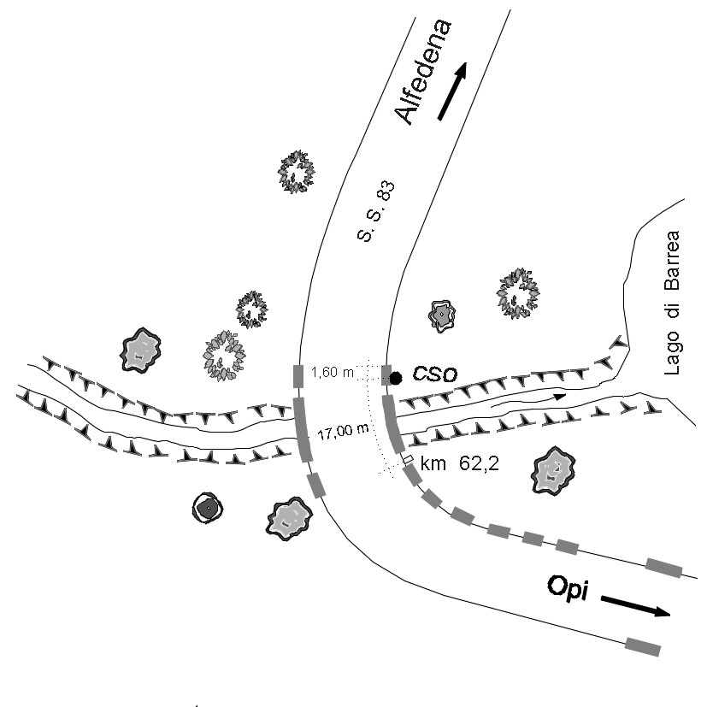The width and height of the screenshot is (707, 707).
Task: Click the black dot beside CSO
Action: point(396,377)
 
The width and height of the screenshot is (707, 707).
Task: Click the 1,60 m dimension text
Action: point(331,372)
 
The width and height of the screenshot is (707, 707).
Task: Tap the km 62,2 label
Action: point(455,466)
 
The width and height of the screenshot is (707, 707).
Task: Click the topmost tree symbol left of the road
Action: point(296,172)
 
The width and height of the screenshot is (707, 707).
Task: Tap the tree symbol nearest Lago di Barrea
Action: point(519,292)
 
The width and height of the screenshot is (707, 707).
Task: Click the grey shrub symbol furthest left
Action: point(142,350)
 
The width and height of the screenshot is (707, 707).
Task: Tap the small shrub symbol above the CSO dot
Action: point(441,316)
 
